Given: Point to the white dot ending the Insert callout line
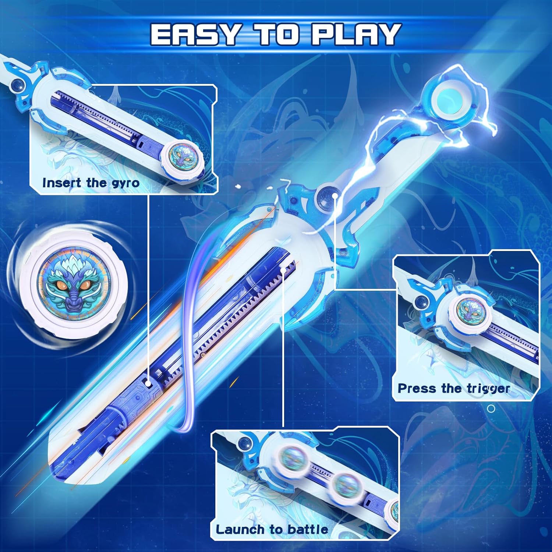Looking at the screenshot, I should point(148,384).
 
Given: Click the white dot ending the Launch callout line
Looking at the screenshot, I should point(283,270).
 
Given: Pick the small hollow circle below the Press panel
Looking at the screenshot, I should point(491,408).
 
